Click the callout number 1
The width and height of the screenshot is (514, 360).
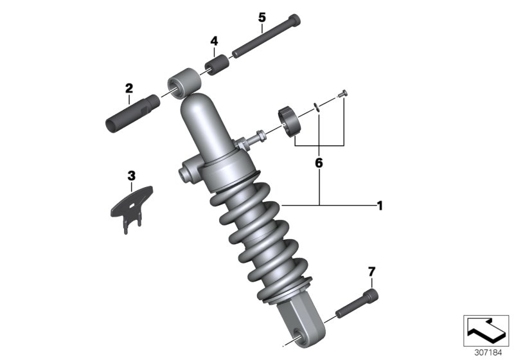(380, 206)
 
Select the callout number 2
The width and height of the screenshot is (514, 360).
(129, 88)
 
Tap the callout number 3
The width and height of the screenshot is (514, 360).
(131, 175)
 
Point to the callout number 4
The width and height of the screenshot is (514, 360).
(214, 41)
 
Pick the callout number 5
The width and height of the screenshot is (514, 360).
(261, 17)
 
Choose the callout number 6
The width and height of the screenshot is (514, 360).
(319, 163)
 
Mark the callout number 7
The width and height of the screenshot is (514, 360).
(370, 271)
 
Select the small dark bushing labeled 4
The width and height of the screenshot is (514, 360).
(216, 65)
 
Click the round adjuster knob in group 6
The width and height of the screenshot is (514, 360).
(294, 120)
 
